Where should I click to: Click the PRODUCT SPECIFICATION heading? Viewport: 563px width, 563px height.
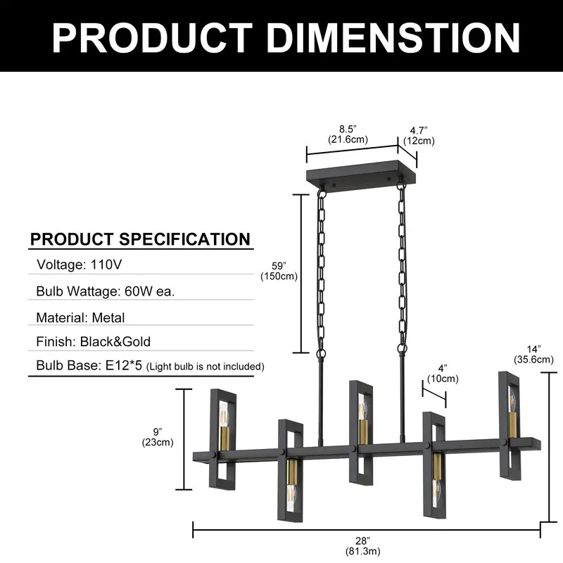coord(140,239)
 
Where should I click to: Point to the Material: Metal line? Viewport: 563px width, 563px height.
coord(80,317)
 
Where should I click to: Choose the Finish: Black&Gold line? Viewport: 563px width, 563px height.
coord(94,343)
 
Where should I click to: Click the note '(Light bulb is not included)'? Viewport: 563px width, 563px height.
coord(205,367)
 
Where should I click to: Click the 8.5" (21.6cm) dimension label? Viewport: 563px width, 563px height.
coord(348,134)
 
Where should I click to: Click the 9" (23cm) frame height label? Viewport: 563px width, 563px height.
coord(158,437)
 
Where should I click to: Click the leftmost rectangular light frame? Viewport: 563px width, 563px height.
coord(223,438)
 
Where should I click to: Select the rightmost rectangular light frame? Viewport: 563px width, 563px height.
coord(510,422)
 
